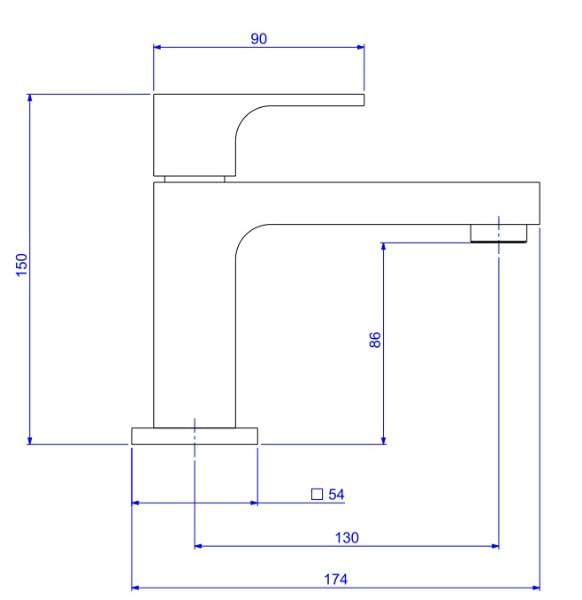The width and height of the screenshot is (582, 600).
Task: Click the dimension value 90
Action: [x=259, y=39]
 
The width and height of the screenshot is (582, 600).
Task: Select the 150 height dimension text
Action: [x=22, y=265]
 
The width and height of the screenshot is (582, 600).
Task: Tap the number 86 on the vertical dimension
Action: [x=375, y=340]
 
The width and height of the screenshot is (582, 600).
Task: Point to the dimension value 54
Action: [x=336, y=494]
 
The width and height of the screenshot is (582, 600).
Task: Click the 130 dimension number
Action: [x=347, y=538]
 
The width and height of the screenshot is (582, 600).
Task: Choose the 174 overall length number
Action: [x=336, y=579]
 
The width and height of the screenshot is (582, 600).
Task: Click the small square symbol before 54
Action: [x=317, y=494]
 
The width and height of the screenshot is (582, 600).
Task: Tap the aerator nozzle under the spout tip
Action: [x=498, y=233]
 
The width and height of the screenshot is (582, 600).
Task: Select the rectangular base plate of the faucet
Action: [x=194, y=436]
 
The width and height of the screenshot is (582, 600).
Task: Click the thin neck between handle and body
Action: [x=194, y=179]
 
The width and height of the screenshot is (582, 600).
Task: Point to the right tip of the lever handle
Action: [x=364, y=100]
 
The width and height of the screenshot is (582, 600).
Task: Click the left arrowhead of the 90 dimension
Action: [x=157, y=47]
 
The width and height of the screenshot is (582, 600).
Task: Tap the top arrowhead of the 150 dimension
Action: [x=30, y=98]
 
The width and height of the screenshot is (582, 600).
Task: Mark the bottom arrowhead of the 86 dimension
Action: [x=384, y=440]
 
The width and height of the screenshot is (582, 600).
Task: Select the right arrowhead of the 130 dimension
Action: [x=495, y=546]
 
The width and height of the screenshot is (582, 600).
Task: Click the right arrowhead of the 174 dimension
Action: [x=536, y=588]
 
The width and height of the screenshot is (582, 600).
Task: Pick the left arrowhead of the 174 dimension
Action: [x=135, y=588]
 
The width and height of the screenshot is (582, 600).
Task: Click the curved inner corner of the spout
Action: [x=245, y=235]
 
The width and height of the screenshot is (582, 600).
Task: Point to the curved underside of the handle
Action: [x=245, y=116]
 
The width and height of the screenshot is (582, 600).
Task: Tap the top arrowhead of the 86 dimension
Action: [x=384, y=247]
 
